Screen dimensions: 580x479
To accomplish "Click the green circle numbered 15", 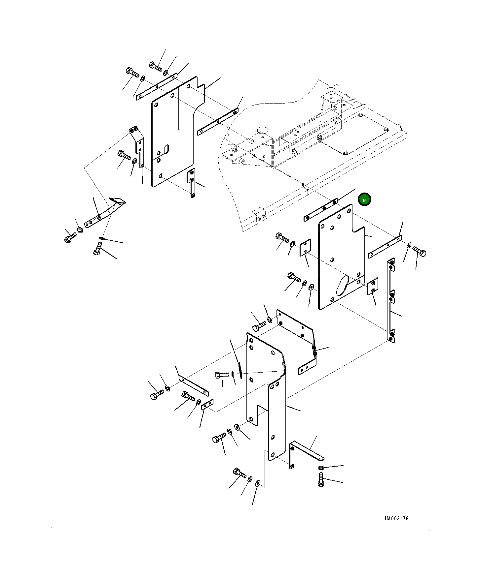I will click(x=364, y=200).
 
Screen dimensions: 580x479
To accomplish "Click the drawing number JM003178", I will click(x=396, y=518).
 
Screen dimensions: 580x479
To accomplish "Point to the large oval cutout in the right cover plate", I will click(x=342, y=285).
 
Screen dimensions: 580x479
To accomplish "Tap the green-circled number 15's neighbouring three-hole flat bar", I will click(x=320, y=210).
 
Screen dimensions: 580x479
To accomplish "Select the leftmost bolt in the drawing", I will click(x=70, y=237).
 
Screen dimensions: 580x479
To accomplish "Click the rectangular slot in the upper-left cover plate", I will click(x=166, y=149).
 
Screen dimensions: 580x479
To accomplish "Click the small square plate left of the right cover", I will click(x=305, y=248).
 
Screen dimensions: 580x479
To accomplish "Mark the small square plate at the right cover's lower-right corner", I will click(x=373, y=286).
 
